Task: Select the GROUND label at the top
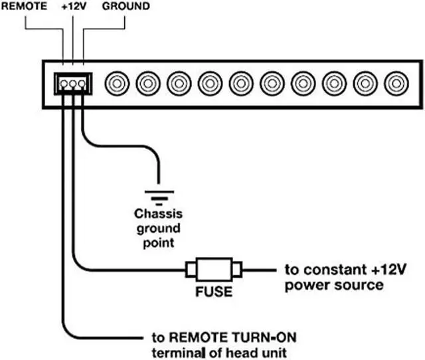[126, 7]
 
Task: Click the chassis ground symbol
[158, 194]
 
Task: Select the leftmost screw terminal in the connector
[63, 84]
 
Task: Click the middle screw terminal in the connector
[72, 84]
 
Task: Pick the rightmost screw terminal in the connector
[82, 84]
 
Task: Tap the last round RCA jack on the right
[396, 84]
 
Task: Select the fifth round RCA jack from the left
[240, 84]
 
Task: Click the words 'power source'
[333, 285]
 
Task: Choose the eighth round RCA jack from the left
[334, 84]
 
